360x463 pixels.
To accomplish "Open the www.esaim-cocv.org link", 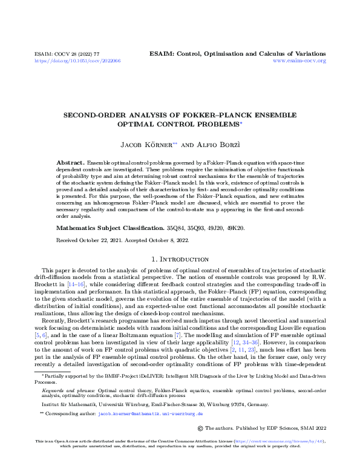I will pos(299,61).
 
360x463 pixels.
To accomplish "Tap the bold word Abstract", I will pos(70,164).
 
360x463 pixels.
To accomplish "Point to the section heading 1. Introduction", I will pos(179,258).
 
